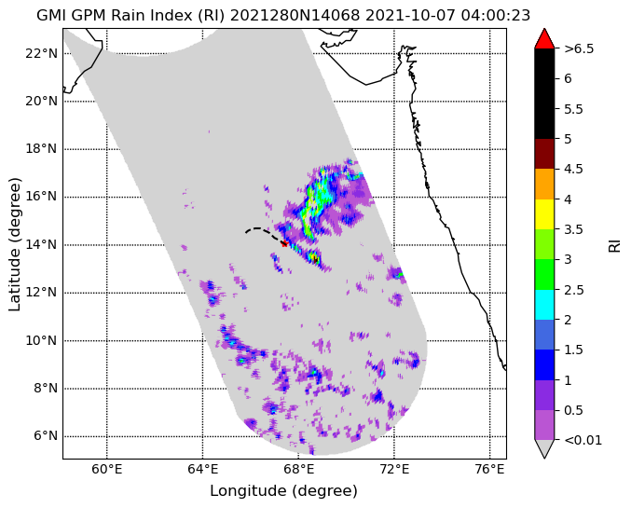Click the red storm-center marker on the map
pos(284,243)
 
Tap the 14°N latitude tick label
pos(41,244)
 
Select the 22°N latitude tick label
pos(41,53)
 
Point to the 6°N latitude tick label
pos(44,436)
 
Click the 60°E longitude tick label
pos(107,470)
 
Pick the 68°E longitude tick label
pos(298,470)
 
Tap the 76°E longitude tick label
pos(489,470)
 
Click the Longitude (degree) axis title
pos(283,490)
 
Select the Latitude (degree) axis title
pos(15,244)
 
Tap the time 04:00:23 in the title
pos(496,15)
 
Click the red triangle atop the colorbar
pos(544,39)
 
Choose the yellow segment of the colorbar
pos(544,214)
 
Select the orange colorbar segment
pos(544,184)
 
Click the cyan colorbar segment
pos(544,305)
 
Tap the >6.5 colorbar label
pos(579,48)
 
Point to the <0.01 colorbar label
pos(583,440)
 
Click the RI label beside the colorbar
pos(614,244)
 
